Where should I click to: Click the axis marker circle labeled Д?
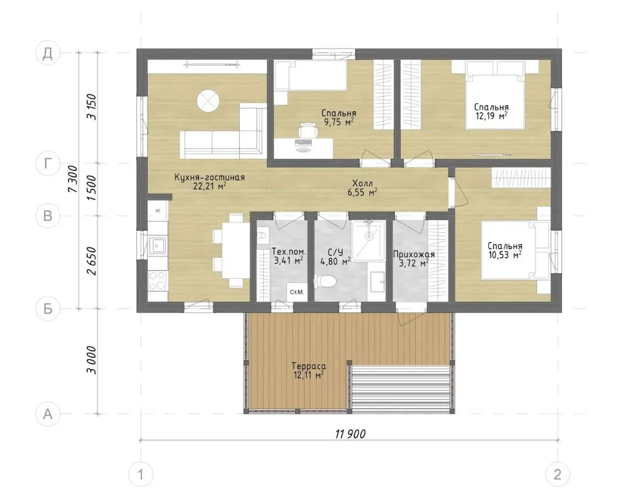coord(48,53)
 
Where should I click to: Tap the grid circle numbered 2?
coord(557,474)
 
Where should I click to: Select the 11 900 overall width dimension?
coord(350,434)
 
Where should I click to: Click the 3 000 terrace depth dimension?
coord(91,360)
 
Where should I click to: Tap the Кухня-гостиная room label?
coord(209,178)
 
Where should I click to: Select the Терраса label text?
coord(309,366)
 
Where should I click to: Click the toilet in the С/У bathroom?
coord(325,281)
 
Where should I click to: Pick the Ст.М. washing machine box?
coord(296,292)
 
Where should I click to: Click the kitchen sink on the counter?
coord(157,246)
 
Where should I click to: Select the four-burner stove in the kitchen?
coord(157,280)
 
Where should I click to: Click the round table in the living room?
coord(208,100)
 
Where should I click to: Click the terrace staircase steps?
coord(400,389)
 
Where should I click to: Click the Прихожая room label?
coord(413,254)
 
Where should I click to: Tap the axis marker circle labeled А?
coord(48,414)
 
